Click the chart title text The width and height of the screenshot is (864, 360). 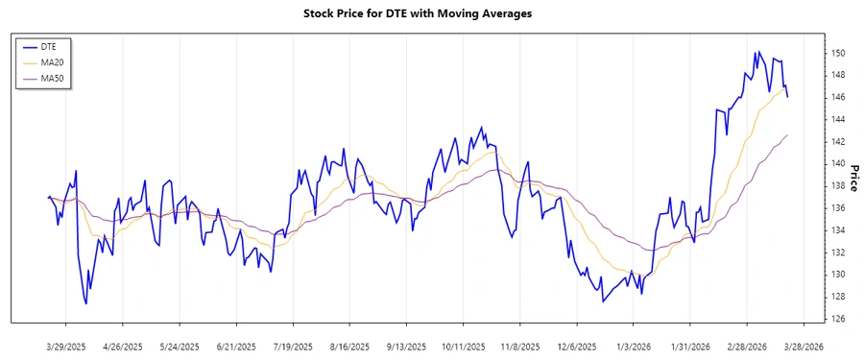coord(431,13)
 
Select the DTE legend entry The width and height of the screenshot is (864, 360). coord(49,45)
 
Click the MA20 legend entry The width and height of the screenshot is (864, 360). coord(53,61)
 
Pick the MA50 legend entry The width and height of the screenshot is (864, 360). coord(53,78)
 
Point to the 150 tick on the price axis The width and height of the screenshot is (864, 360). coord(837,53)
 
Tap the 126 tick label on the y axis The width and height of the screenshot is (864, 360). coord(837,319)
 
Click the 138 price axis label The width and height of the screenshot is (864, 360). coord(837,185)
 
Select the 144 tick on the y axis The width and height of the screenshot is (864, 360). coord(837,119)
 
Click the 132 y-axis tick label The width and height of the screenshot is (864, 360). coord(837,252)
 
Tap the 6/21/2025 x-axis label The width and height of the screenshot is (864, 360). coord(236,346)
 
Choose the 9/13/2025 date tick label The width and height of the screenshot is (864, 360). coord(407,346)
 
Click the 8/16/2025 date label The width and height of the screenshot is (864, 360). coord(350,346)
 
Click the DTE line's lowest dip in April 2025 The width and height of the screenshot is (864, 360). coord(86,303)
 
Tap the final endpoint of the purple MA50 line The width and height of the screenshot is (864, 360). coord(787,135)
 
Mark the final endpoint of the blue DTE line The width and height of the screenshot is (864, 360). coord(787,97)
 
